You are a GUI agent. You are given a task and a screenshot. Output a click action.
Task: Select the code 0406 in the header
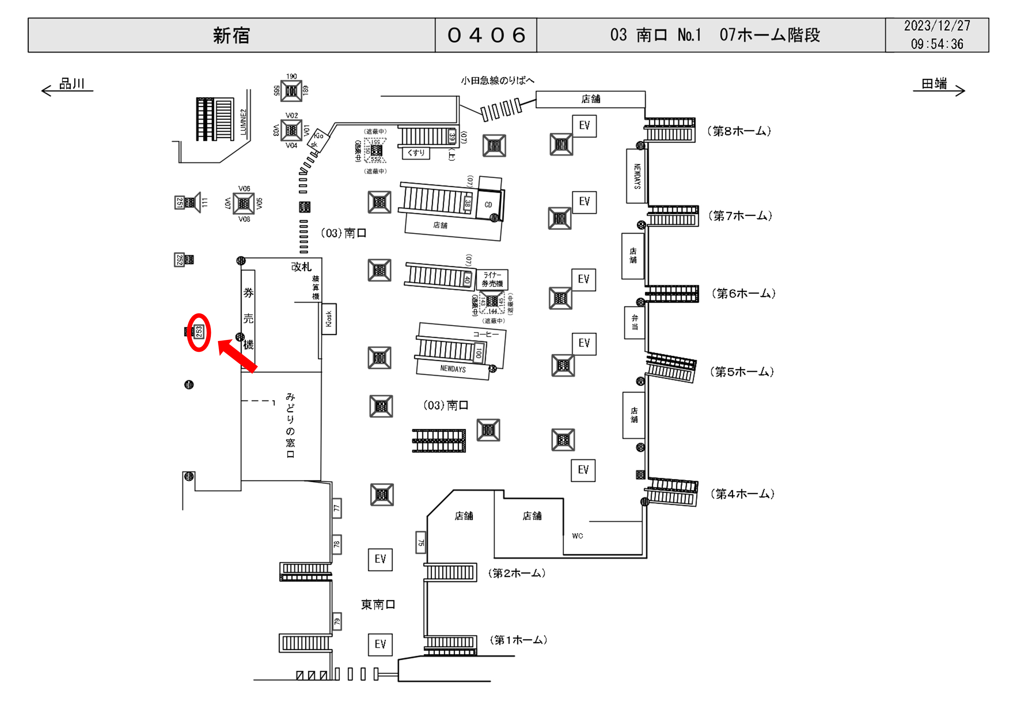click(486, 35)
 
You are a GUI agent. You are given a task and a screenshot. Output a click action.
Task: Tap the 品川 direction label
click(72, 83)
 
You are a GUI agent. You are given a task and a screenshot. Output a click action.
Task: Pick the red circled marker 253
click(199, 332)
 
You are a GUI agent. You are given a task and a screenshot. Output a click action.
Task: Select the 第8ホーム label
click(739, 131)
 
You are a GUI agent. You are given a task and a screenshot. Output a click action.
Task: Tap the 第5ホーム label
click(742, 372)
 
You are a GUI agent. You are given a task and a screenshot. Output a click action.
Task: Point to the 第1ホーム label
click(518, 640)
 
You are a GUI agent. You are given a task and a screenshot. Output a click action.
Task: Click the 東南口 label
click(378, 604)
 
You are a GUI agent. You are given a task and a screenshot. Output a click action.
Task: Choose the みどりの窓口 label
click(290, 425)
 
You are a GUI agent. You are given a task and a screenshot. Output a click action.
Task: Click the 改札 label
click(301, 267)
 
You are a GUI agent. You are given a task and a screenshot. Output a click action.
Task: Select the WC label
click(577, 536)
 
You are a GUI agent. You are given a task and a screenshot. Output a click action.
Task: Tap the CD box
click(488, 205)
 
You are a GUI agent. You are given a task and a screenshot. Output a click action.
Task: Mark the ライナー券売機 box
click(492, 279)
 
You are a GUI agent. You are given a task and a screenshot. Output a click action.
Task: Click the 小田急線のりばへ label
click(497, 80)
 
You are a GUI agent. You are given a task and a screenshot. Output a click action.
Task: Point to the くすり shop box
click(415, 153)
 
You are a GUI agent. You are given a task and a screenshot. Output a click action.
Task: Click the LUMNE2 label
click(243, 121)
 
